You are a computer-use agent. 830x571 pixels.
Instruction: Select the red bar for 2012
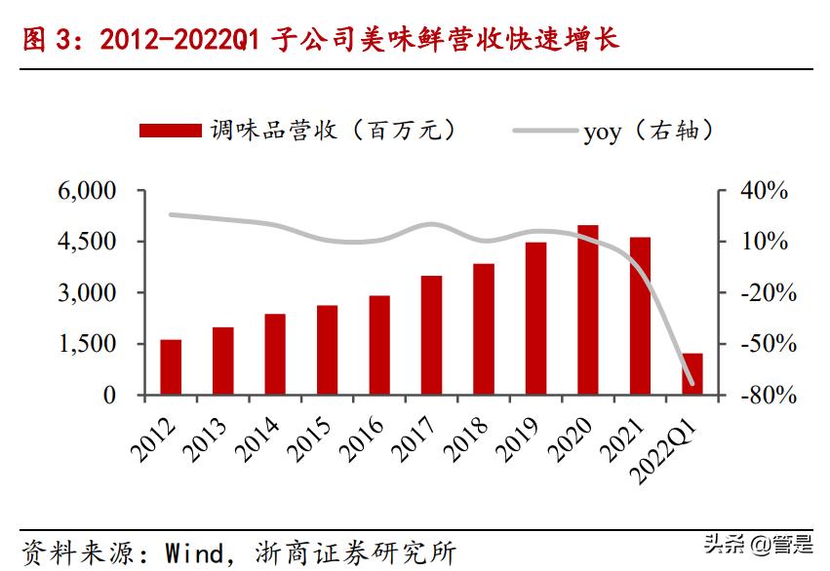(x=171, y=367)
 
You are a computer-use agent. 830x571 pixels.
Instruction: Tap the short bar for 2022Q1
(x=692, y=374)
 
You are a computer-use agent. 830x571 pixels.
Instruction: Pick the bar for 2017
(x=431, y=335)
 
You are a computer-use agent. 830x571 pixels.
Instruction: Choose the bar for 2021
(x=640, y=316)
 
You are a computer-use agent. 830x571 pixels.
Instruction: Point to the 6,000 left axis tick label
(x=86, y=191)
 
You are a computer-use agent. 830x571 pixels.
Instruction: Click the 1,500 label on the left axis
(x=86, y=344)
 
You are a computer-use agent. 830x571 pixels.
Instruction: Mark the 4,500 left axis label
(x=86, y=242)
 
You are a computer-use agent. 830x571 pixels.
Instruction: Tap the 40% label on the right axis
(x=762, y=191)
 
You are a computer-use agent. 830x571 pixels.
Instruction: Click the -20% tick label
(x=762, y=293)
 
